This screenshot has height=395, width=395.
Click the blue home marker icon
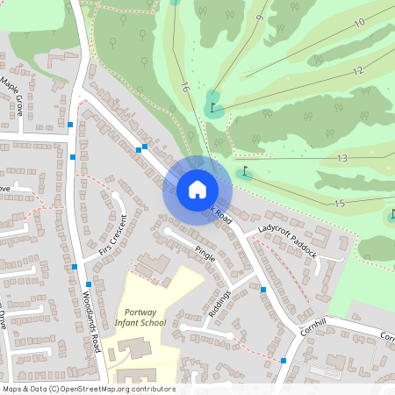(197, 189)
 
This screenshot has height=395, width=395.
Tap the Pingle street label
(205, 255)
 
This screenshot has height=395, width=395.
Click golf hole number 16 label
(184, 88)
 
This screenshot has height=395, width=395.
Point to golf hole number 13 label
(342, 158)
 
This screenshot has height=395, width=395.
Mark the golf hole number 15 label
(340, 204)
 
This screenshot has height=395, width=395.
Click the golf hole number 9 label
(260, 18)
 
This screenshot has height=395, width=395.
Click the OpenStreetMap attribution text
(89, 389)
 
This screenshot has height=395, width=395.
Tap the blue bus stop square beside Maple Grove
(70, 126)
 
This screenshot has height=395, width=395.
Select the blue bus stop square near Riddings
(262, 289)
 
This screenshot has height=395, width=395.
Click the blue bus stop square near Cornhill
(283, 360)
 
